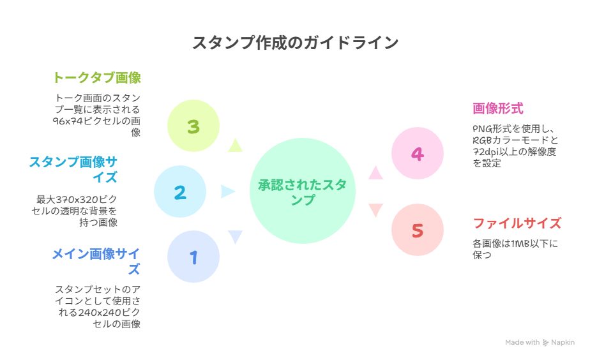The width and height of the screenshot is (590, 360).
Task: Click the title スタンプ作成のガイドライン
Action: point(296,43)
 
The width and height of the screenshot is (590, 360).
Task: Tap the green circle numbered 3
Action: point(193,126)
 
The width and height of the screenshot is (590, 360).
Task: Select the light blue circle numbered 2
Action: point(180,191)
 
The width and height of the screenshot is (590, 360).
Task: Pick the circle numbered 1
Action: point(193,257)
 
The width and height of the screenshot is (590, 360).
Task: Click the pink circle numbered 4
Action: point(418,153)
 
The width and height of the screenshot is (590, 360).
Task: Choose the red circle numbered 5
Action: point(418,230)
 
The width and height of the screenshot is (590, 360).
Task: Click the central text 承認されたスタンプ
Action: point(303,192)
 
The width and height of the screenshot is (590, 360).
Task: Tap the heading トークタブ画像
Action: point(97,77)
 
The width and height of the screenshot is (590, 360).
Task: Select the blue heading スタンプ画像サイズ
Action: point(73,169)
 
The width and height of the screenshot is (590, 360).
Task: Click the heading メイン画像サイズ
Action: point(96,261)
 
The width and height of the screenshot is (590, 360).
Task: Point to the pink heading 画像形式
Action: point(498,109)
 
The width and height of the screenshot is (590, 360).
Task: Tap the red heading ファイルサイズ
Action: point(517,223)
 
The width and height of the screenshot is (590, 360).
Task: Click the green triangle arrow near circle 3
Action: point(235,146)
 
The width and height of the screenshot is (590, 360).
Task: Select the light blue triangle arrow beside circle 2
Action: point(228,191)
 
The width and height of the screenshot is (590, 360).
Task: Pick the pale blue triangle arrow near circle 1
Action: point(235,237)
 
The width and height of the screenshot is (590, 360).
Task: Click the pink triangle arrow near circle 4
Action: point(375,173)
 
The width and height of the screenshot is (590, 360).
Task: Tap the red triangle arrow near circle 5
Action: point(375,210)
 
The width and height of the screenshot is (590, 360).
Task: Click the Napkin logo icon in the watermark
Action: point(545,343)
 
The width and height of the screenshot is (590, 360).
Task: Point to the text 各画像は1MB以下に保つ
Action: point(515,249)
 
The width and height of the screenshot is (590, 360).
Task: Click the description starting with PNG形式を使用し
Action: point(515,146)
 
